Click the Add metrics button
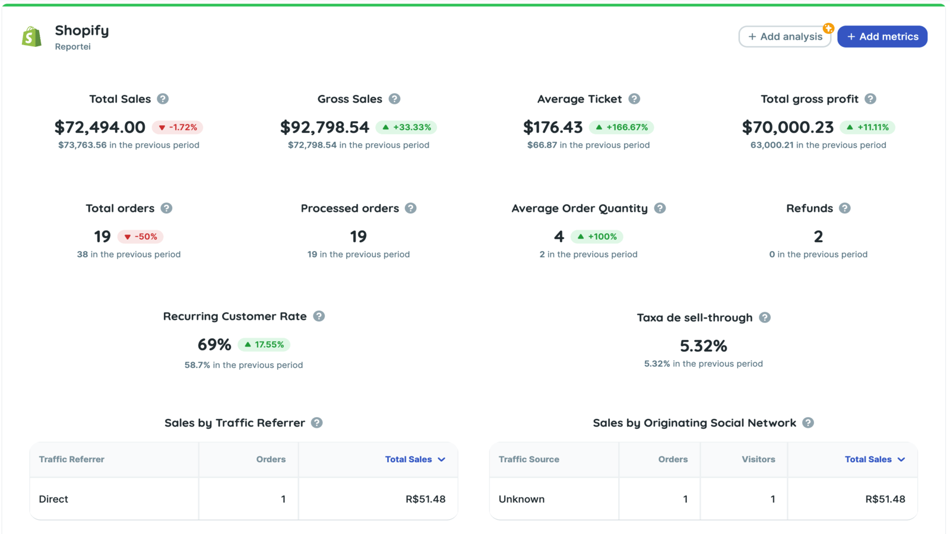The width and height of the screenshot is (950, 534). [x=882, y=36]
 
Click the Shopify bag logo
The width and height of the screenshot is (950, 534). [x=32, y=36]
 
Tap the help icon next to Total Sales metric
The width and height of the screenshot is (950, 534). [x=163, y=98]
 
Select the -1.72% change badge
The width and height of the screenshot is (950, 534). [x=178, y=127]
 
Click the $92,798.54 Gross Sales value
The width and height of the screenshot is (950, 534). [x=325, y=127]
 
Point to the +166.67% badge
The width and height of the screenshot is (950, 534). [x=621, y=127]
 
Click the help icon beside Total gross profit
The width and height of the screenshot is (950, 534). [x=870, y=98]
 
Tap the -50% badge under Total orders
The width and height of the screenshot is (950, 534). [x=140, y=237]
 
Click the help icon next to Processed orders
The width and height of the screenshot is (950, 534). [x=410, y=208]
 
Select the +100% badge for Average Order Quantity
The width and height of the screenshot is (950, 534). [x=597, y=237]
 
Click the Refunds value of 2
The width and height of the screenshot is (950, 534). [x=819, y=237]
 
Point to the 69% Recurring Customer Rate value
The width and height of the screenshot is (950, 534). [x=214, y=345]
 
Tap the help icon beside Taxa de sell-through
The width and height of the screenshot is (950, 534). [x=765, y=317]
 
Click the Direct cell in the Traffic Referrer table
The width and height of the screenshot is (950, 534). [x=53, y=499]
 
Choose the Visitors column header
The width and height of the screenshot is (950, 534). [x=758, y=459]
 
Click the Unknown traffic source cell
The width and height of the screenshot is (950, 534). [x=522, y=499]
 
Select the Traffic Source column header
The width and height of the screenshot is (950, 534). [x=529, y=459]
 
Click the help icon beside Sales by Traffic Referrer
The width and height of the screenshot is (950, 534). [x=317, y=422]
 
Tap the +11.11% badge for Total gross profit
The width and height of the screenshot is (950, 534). [x=867, y=127]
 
